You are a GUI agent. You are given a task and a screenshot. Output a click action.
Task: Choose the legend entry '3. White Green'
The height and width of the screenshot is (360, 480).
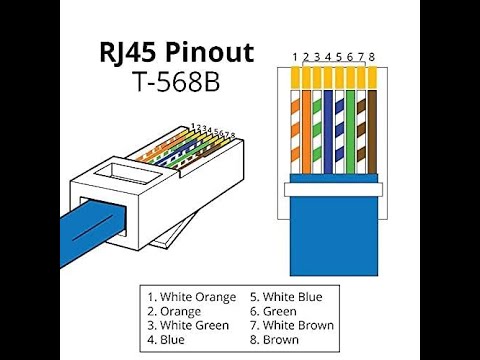[188, 325]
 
